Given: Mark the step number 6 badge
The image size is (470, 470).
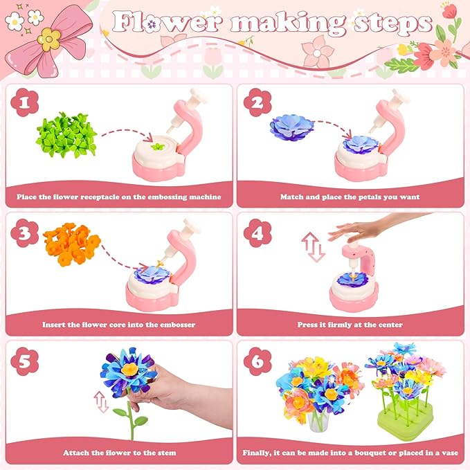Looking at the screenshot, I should (257, 361).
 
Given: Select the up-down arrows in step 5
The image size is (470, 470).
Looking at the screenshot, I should (102, 402).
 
